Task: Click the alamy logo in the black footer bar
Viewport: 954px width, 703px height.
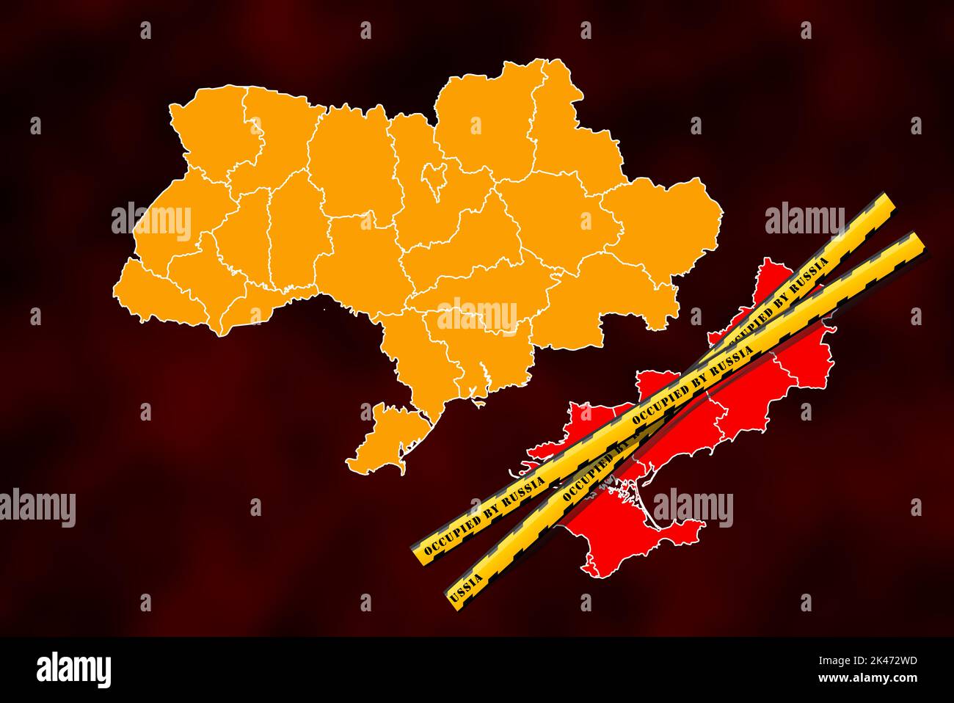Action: [73, 669]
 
